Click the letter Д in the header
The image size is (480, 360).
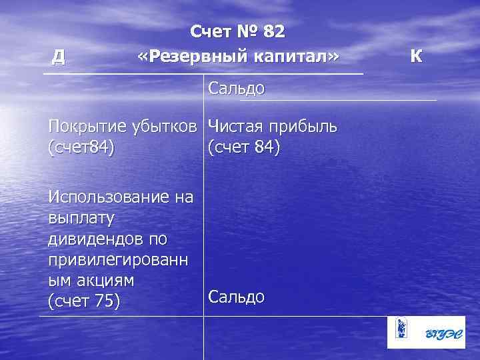point(59,57)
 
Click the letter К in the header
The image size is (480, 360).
point(416,56)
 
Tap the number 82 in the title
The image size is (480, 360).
point(273,31)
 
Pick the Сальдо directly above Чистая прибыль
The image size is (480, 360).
point(237,88)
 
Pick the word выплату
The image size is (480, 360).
point(82,217)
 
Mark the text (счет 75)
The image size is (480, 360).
point(84,301)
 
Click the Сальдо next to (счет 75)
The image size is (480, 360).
point(237,296)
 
